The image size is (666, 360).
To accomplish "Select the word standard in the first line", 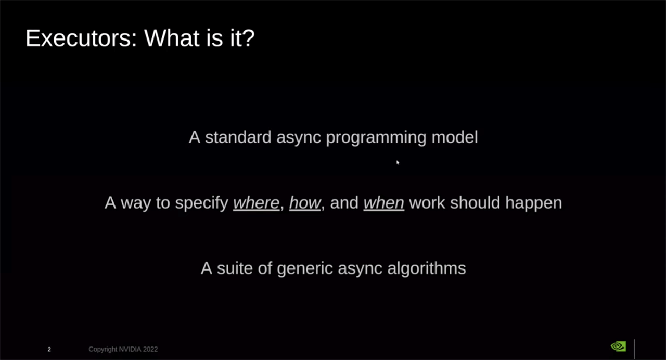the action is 238,137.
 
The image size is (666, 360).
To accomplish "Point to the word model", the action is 455,137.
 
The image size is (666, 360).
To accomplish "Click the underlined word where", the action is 257,203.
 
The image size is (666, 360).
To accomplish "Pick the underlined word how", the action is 305,203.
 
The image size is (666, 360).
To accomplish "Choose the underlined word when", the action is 383,203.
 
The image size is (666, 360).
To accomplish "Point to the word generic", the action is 305,269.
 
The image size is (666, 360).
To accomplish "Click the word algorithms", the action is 427,269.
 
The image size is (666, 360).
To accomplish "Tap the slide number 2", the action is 49,349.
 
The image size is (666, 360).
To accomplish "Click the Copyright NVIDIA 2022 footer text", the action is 123,349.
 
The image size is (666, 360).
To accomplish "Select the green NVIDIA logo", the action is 619,346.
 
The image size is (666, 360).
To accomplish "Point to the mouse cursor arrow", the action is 398,162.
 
